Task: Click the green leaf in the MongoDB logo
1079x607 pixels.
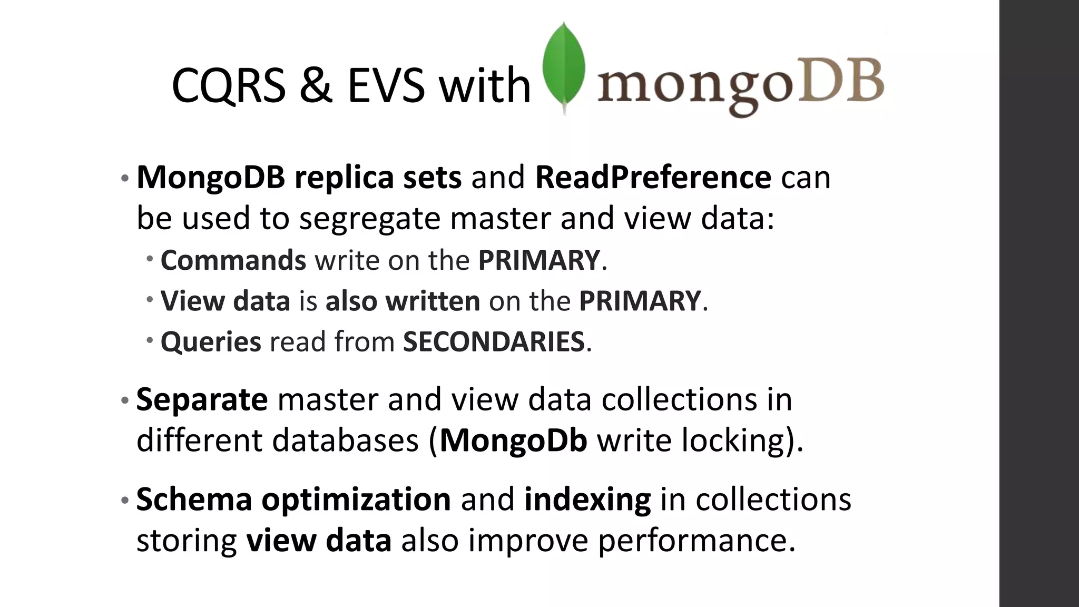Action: [x=564, y=66]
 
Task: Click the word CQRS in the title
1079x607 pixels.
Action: [x=228, y=85]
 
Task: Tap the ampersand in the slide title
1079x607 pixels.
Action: [x=316, y=85]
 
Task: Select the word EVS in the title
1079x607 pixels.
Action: [x=386, y=85]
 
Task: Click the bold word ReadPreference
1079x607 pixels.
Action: [x=653, y=177]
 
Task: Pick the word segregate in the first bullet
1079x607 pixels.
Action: [x=369, y=218]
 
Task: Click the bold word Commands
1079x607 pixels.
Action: [x=233, y=260]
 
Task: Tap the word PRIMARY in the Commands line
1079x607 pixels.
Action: [x=538, y=260]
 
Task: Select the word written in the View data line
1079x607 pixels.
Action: [x=433, y=301]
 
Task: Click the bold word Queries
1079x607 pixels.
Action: [x=211, y=341]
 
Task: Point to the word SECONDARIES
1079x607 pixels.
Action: [x=494, y=341]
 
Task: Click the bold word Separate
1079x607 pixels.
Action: [x=202, y=399]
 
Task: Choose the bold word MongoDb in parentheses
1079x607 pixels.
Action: [x=513, y=440]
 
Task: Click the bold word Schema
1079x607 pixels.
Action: [x=194, y=500]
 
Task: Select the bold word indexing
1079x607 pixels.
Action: [x=587, y=500]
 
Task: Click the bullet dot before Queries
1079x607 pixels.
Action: [x=150, y=340]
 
